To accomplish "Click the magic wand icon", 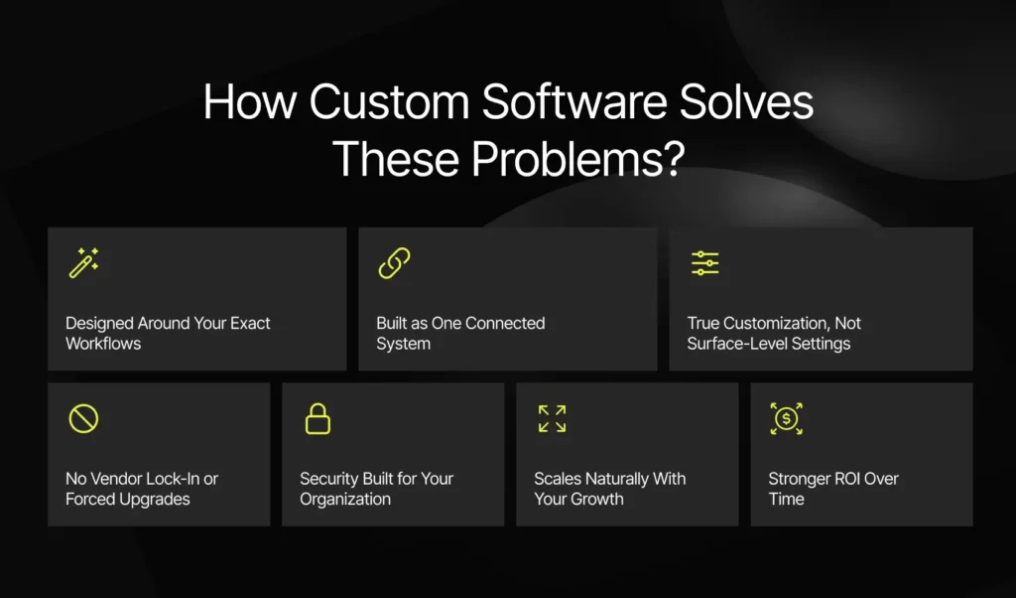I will (x=83, y=263).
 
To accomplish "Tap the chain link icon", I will (x=394, y=263).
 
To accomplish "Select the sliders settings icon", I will (x=704, y=263).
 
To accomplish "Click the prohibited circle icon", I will (x=83, y=418).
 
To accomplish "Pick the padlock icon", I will (x=317, y=418).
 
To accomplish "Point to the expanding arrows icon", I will (x=552, y=418).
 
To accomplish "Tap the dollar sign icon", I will (x=786, y=418).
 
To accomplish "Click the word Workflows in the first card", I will (x=103, y=344).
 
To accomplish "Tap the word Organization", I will (x=345, y=499).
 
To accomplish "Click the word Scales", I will (x=559, y=479).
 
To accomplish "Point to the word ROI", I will (x=843, y=479).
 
